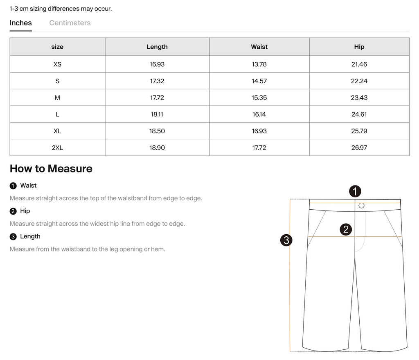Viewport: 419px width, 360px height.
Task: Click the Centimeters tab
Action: [x=70, y=23]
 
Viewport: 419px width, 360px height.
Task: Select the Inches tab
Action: [x=21, y=23]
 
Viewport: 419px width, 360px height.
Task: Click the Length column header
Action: [x=157, y=47]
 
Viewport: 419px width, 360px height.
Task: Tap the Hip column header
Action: [x=359, y=47]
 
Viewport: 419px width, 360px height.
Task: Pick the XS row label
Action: [x=57, y=64]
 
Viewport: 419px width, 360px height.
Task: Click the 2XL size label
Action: [x=57, y=147]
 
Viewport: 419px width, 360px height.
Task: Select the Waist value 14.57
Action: [x=259, y=81]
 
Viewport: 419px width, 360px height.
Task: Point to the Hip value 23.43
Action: [x=359, y=97]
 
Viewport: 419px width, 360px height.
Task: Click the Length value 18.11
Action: [x=157, y=114]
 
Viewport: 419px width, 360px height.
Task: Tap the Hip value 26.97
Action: [x=359, y=147]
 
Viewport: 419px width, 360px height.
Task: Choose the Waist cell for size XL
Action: [x=259, y=131]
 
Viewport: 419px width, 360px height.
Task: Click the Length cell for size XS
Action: [x=157, y=64]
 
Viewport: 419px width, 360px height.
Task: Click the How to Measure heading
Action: [x=51, y=169]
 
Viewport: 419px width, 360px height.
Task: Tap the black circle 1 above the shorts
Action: [x=355, y=191]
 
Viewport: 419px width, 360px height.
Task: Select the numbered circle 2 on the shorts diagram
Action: [x=346, y=229]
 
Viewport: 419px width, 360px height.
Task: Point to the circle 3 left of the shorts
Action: [x=286, y=240]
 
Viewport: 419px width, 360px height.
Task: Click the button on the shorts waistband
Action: [x=361, y=206]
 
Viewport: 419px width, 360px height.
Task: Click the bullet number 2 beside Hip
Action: [x=13, y=211]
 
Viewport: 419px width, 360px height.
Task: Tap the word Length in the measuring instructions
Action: [x=30, y=236]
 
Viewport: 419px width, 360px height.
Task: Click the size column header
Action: [x=57, y=47]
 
